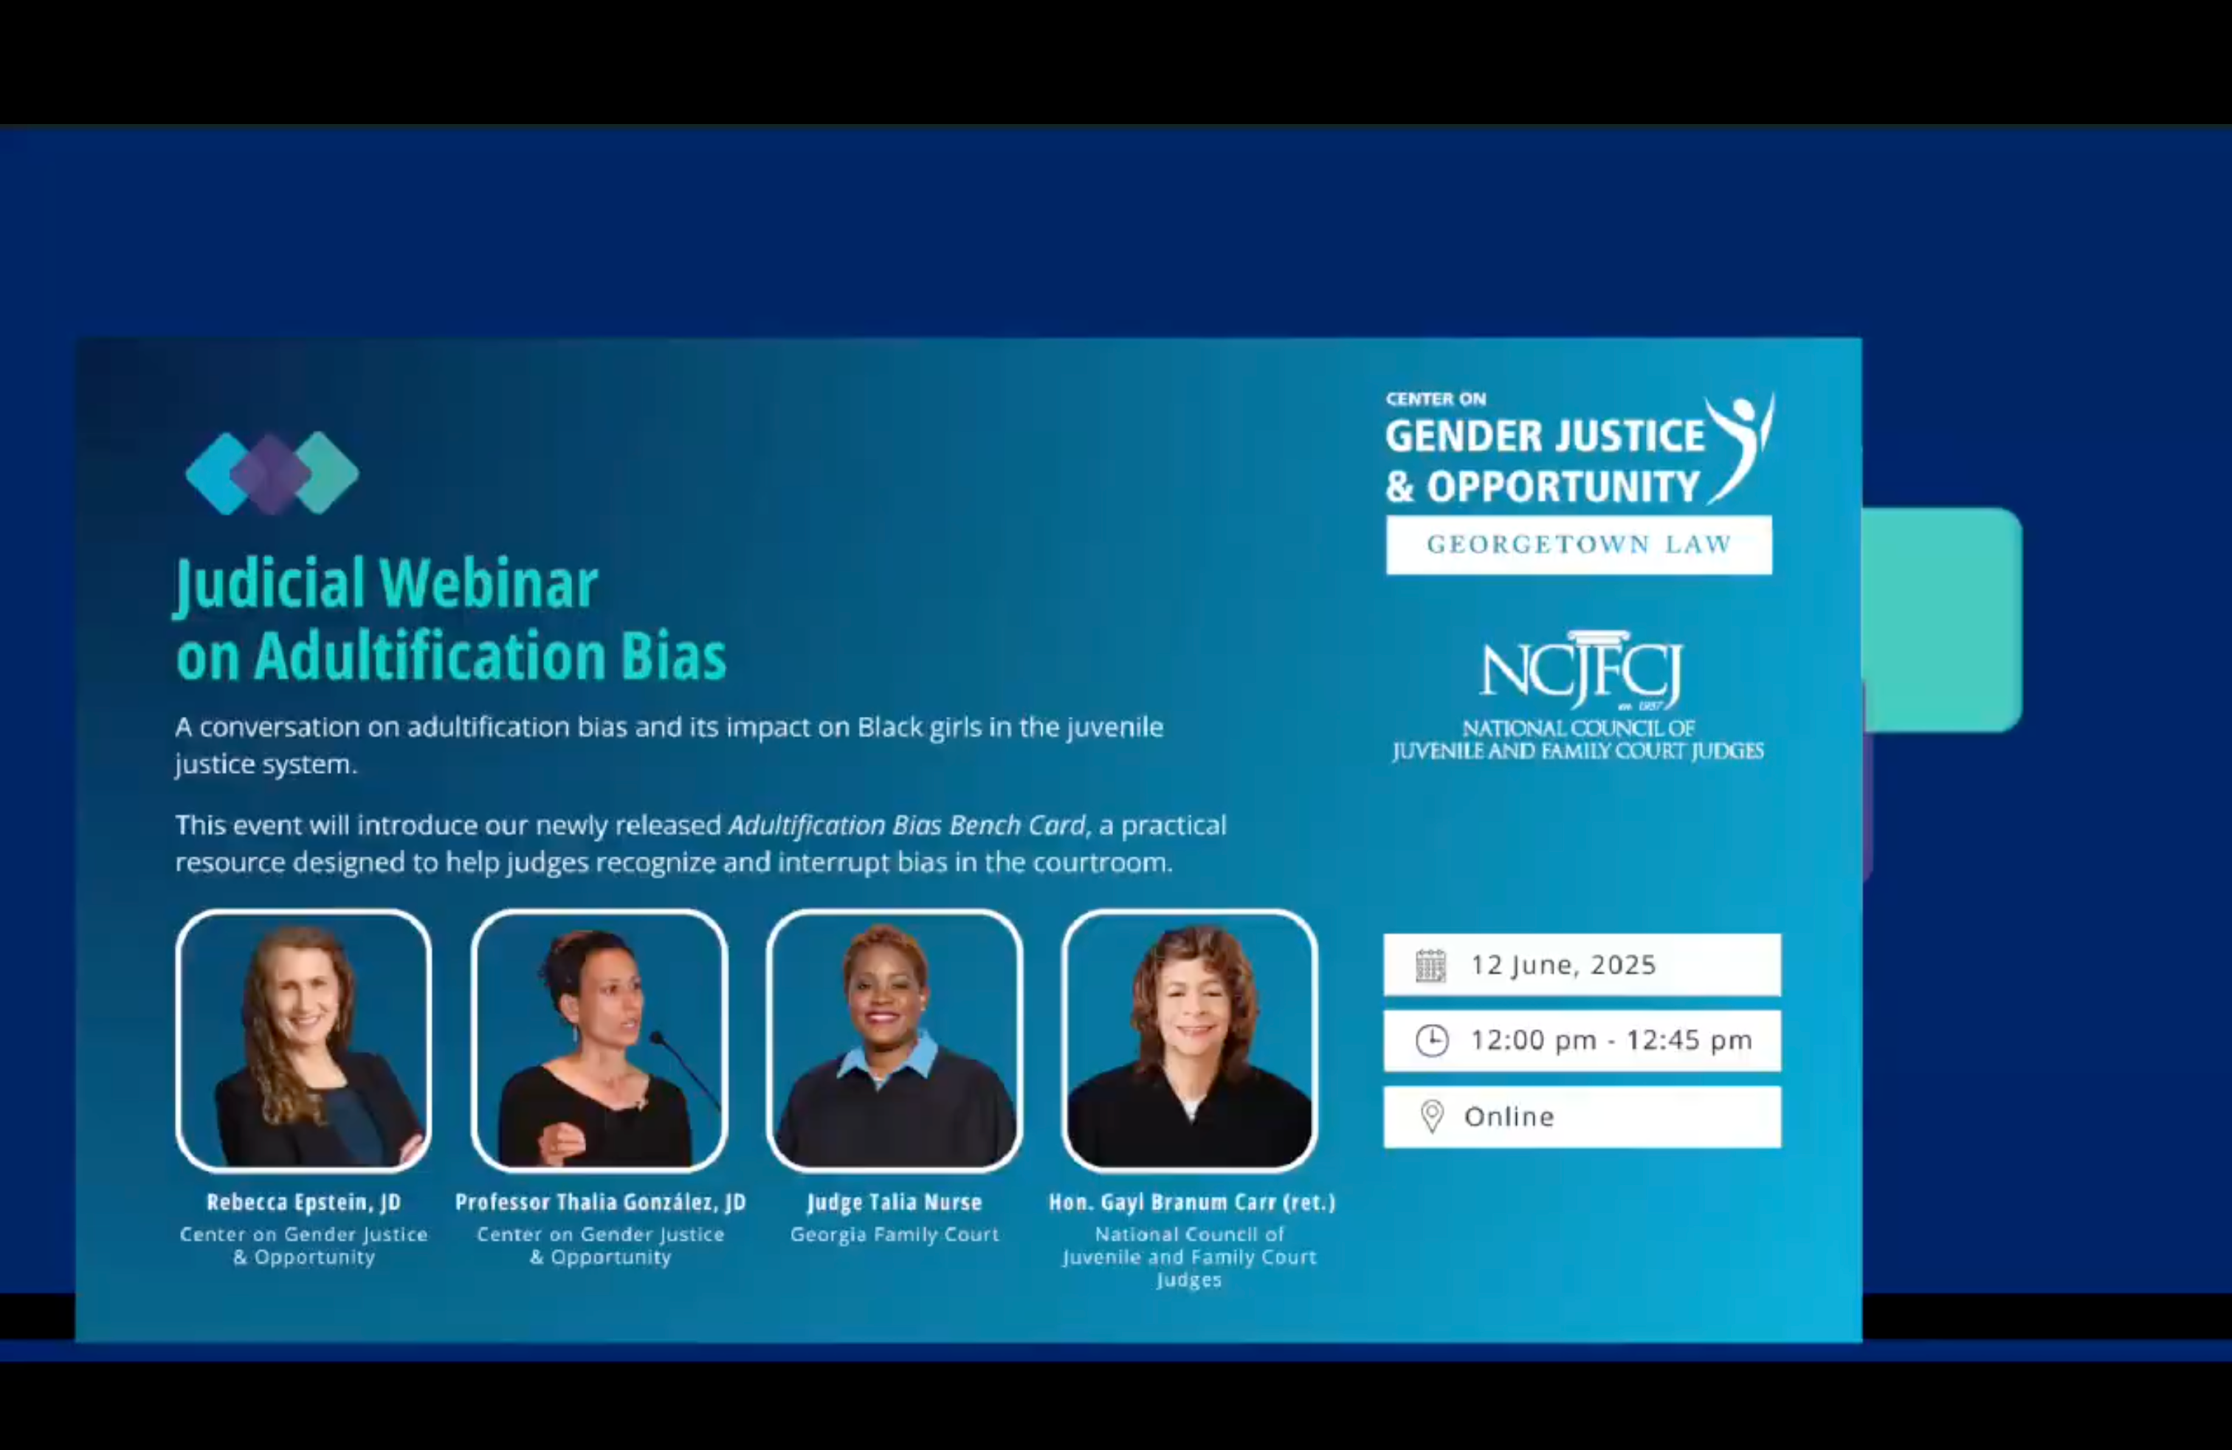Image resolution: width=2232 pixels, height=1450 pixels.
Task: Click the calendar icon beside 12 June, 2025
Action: [x=1430, y=965]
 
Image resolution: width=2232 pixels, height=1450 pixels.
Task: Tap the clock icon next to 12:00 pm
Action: [x=1432, y=1040]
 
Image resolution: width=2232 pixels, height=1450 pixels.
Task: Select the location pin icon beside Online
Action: [x=1432, y=1116]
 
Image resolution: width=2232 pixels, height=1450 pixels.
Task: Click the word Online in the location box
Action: [x=1509, y=1116]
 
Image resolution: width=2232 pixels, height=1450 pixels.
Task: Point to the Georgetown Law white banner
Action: [x=1580, y=545]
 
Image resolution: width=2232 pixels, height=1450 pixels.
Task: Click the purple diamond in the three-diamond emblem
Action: [x=271, y=474]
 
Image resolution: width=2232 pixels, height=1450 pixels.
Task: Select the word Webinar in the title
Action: [x=489, y=584]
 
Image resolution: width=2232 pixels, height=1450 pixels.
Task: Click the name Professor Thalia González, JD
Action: [x=600, y=1203]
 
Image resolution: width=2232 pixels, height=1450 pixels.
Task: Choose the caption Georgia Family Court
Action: [x=895, y=1234]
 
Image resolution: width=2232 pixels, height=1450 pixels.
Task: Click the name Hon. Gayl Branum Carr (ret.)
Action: [x=1192, y=1203]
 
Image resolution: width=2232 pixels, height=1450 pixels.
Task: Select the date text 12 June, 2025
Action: [x=1563, y=965]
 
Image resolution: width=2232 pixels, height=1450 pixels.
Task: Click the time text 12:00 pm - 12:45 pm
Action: [x=1611, y=1040]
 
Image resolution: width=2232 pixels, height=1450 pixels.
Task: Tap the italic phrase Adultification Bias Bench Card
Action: [x=906, y=825]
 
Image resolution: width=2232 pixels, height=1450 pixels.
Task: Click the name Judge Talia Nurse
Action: [x=895, y=1203]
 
